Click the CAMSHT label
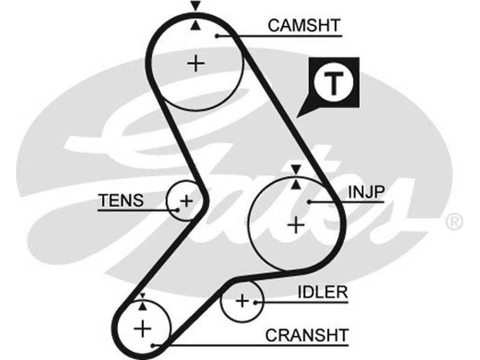coord(304,26)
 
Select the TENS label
coord(121,200)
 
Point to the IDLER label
coord(323,292)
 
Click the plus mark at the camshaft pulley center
coord(196,63)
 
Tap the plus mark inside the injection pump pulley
coord(296,225)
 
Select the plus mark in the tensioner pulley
coord(187,200)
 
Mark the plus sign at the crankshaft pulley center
coord(143,328)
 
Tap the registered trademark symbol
coord(454,222)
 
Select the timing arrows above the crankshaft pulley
coord(142,301)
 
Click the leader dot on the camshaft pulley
coord(217,36)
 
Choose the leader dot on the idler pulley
coord(256,302)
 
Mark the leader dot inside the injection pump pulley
coord(308,202)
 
